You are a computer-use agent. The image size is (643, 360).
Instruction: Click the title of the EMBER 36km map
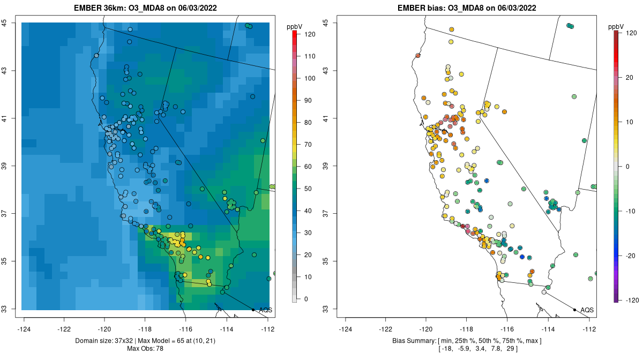145,7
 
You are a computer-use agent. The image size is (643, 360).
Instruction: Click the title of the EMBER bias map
467,7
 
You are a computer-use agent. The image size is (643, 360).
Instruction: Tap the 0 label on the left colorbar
306,299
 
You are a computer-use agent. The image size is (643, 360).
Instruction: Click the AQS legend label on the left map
265,310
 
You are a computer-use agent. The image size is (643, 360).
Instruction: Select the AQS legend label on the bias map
587,310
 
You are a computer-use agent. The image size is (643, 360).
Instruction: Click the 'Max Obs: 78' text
145,349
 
